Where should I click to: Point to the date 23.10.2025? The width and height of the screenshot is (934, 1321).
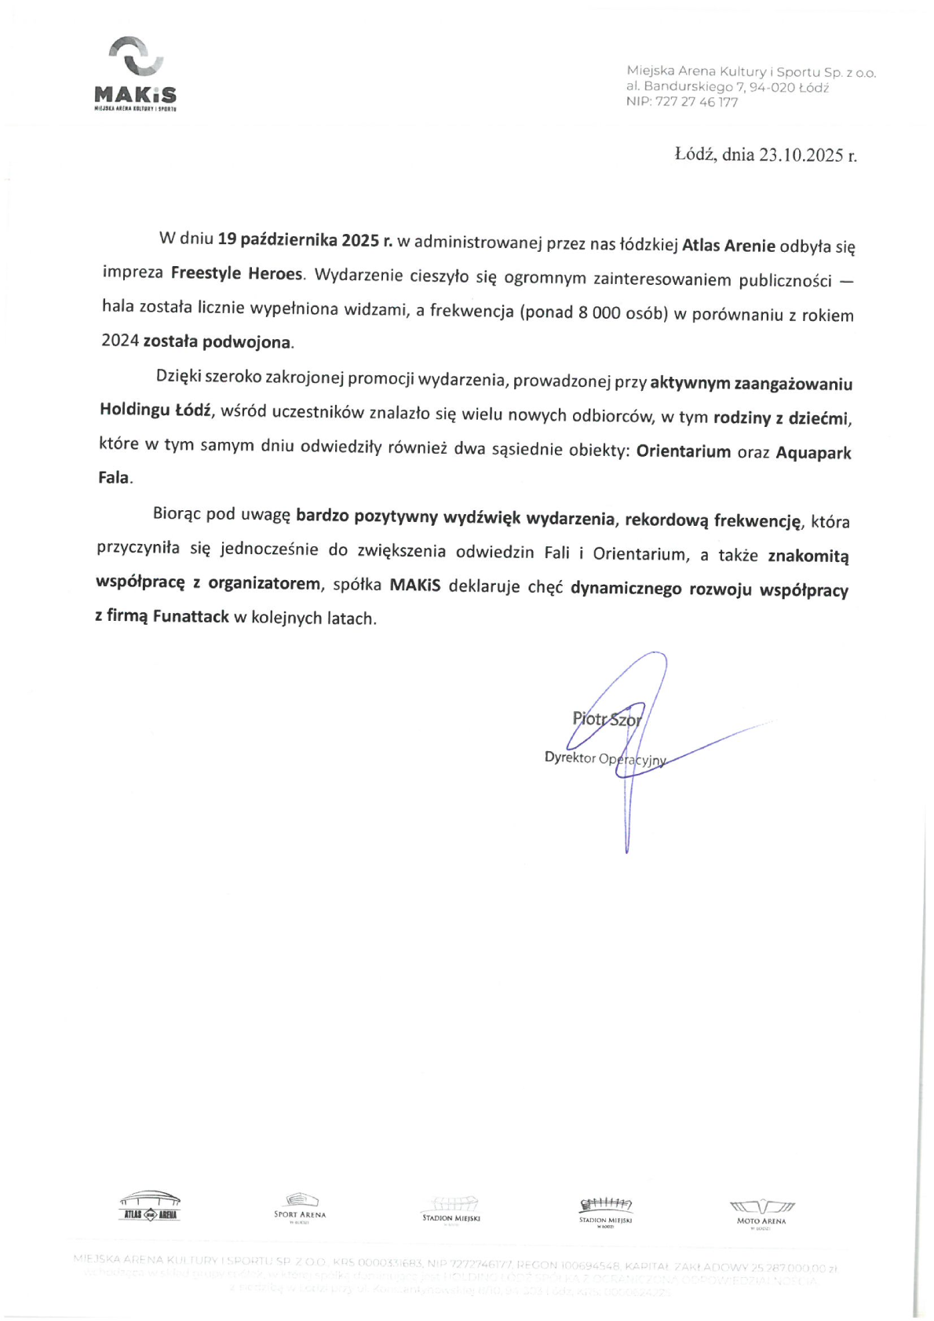800,155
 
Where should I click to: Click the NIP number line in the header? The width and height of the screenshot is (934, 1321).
681,102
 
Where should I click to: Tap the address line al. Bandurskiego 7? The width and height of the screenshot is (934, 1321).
727,87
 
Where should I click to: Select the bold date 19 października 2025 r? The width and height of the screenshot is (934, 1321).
305,240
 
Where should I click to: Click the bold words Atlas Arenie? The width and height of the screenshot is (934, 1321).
728,246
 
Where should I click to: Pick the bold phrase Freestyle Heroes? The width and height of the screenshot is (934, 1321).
236,273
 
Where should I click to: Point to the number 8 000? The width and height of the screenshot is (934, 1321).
600,312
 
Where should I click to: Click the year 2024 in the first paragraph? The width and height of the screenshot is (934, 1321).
120,341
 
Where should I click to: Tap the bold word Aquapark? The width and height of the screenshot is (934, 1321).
813,453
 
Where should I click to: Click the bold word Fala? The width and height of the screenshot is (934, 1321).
114,477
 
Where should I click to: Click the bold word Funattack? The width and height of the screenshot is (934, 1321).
191,616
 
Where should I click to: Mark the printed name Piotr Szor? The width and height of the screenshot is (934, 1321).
607,718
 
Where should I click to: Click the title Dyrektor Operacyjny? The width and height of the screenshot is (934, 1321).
604,758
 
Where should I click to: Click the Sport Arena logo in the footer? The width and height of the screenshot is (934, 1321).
300,1207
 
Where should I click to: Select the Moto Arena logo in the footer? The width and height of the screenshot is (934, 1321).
761,1212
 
